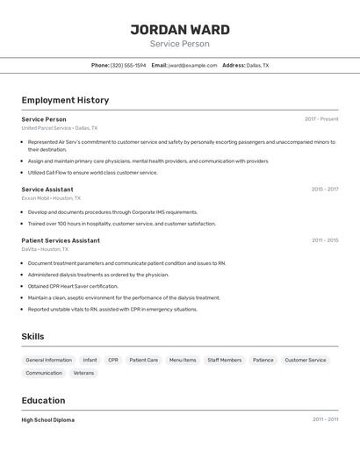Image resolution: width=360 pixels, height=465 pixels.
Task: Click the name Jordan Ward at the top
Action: click(x=180, y=29)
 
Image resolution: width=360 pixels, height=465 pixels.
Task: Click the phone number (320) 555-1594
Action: click(x=128, y=65)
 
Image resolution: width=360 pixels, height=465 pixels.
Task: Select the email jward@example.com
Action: click(x=192, y=65)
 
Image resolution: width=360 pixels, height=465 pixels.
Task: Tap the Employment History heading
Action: click(x=65, y=100)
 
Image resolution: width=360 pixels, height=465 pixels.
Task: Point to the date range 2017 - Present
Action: click(x=321, y=119)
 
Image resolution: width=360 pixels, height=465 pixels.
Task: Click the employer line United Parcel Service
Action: click(x=60, y=128)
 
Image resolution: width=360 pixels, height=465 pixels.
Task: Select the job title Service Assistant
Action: click(x=47, y=190)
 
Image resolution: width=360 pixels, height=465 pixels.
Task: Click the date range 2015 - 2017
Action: click(x=324, y=190)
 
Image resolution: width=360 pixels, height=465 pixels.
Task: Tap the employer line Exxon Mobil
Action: click(x=51, y=198)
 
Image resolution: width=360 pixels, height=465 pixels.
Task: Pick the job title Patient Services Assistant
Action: click(x=61, y=240)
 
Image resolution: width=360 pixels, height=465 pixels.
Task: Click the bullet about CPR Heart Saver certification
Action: click(x=73, y=286)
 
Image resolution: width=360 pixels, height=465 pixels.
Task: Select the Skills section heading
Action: click(x=32, y=336)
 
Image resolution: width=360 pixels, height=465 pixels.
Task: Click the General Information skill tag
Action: click(x=48, y=360)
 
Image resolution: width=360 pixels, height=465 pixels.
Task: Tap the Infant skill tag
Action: click(x=90, y=360)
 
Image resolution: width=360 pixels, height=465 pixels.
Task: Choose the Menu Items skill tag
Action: click(x=183, y=360)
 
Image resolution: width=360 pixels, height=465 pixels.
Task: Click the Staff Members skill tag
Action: click(x=224, y=360)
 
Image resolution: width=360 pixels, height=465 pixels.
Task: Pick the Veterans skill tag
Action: click(x=83, y=373)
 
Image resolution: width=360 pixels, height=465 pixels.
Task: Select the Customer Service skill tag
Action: click(x=305, y=360)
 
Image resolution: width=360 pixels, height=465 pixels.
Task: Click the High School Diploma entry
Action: click(x=48, y=419)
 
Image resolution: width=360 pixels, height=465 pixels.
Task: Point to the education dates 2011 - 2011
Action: click(x=325, y=419)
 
